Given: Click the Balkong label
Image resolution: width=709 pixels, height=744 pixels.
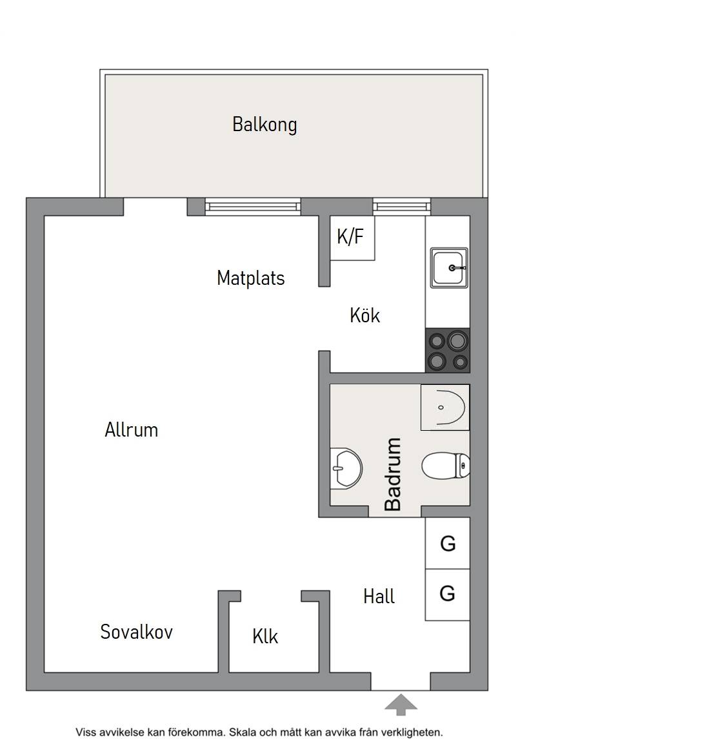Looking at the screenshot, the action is point(265,125).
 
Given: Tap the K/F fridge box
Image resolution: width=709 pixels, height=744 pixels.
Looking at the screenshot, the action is point(352,238).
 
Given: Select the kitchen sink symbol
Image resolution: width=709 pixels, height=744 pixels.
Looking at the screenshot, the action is point(449,267).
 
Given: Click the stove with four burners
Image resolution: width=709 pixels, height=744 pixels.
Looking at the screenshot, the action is point(448,350).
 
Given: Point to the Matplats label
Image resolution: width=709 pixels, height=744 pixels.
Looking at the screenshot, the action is point(251,278).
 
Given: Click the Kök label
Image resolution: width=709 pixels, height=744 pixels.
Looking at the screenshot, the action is point(364,315).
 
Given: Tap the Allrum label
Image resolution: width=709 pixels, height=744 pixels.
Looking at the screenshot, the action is point(131,430).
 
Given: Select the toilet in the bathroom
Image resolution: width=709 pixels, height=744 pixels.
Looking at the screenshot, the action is point(446,466).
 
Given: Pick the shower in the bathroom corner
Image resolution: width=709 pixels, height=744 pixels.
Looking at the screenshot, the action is point(445,407).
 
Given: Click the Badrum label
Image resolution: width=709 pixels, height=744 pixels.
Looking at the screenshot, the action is point(393,474).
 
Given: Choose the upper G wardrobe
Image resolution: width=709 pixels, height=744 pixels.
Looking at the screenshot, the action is point(447,543).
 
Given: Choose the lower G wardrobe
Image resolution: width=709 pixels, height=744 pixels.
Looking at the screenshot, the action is point(447,595).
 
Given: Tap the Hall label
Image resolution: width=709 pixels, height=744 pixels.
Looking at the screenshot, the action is point(379,597).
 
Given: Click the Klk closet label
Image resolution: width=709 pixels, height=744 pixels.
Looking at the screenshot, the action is point(265,637).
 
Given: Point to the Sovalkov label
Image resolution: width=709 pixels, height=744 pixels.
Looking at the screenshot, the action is point(137,632).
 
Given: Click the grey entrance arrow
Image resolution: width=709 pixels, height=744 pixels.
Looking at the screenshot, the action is point(401,704).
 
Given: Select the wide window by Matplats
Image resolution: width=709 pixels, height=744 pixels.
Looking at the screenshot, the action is point(253,207).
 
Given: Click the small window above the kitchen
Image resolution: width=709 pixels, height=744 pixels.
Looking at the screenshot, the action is point(401,207).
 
